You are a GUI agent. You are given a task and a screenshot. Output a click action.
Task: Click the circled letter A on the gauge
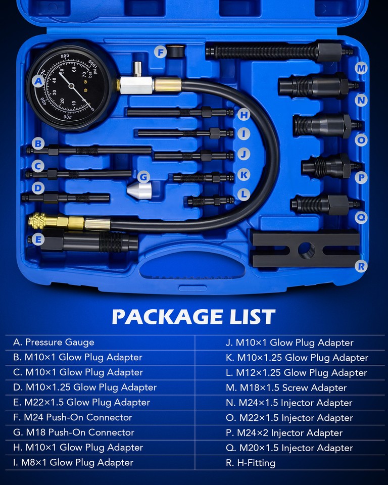(x=38, y=81)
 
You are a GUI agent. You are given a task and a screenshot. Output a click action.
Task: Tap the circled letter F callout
(x=161, y=52)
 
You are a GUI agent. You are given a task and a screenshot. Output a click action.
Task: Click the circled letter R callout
(x=361, y=265)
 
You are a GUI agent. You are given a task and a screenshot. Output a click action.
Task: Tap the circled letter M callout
(x=361, y=68)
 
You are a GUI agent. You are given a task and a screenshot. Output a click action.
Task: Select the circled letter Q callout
(x=361, y=217)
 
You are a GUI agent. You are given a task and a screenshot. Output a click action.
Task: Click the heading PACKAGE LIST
(x=193, y=317)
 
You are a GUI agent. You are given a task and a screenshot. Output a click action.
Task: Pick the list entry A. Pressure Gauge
(x=54, y=342)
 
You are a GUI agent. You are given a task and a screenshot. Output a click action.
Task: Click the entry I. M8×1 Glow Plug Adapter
(x=73, y=462)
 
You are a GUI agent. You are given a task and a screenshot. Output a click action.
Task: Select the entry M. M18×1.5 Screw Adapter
(x=286, y=387)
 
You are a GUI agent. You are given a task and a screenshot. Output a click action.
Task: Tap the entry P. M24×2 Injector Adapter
(x=284, y=432)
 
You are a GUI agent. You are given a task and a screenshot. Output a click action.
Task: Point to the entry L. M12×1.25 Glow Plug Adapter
(x=296, y=372)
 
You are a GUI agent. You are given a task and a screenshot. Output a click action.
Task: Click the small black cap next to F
(x=177, y=51)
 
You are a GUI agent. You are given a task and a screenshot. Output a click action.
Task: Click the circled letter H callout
(x=244, y=115)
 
